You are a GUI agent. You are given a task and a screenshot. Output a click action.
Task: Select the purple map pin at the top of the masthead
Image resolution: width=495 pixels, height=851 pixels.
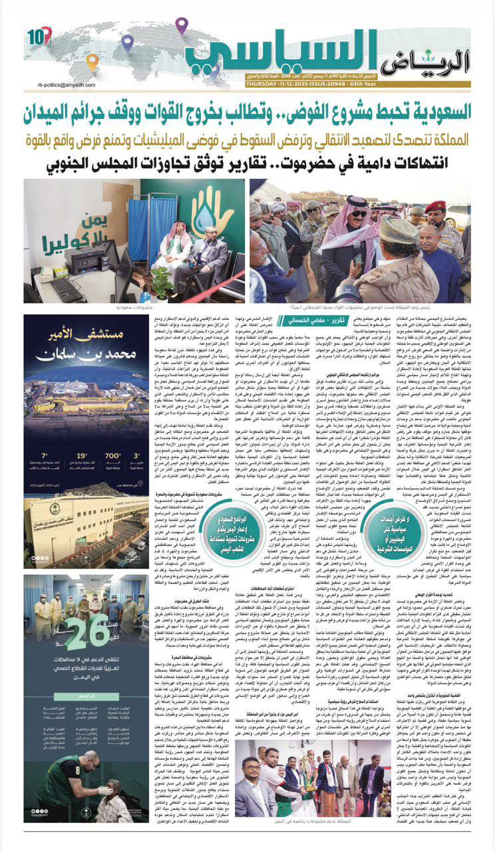182,26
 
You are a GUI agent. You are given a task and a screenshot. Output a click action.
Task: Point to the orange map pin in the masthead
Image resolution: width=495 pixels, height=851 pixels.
92,62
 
